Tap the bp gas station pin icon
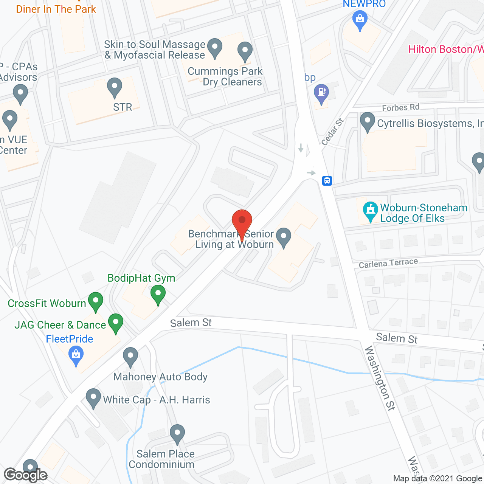pyautogui.click(x=321, y=93)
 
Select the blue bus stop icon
pyautogui.click(x=327, y=181)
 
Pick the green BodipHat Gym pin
pyautogui.click(x=158, y=294)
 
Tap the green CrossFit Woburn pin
pyautogui.click(x=96, y=301)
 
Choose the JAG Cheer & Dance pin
pyautogui.click(x=116, y=323)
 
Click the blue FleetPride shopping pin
pyautogui.click(x=76, y=356)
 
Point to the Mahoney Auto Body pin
pyautogui.click(x=130, y=357)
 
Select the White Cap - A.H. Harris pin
pyautogui.click(x=93, y=398)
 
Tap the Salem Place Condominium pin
pyautogui.click(x=177, y=434)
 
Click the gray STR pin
pyautogui.click(x=115, y=87)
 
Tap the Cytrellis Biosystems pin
pyautogui.click(x=367, y=122)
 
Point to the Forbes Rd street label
pyautogui.click(x=400, y=108)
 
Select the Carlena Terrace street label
pyautogui.click(x=388, y=263)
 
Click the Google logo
pyautogui.click(x=26, y=475)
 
